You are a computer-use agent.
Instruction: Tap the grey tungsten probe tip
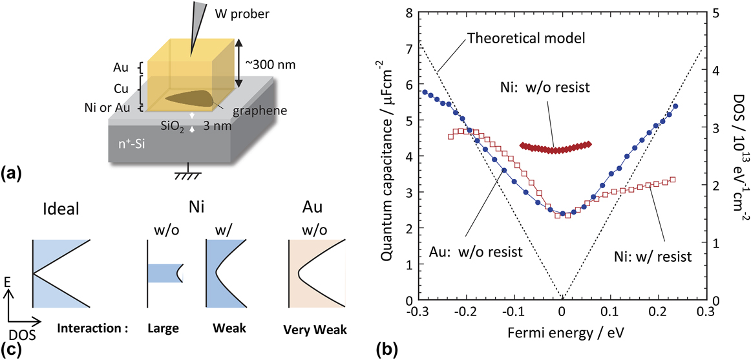(193, 26)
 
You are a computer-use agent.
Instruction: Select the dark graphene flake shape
(187, 98)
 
